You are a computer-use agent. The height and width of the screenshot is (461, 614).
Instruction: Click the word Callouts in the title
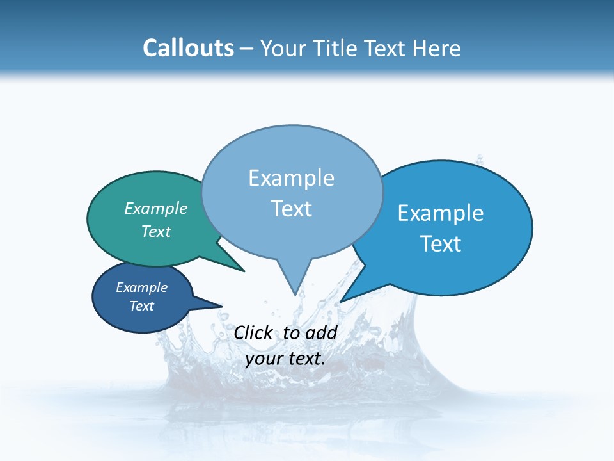click(x=188, y=48)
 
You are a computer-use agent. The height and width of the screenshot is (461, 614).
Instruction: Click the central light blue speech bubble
click(x=292, y=237)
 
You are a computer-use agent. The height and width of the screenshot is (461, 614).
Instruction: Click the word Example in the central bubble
click(x=292, y=178)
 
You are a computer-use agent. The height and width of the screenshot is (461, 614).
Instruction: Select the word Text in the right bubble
click(x=441, y=244)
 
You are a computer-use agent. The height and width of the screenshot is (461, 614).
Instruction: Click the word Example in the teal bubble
click(x=156, y=208)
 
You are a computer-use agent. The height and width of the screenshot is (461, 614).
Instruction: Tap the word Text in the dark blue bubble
click(x=142, y=306)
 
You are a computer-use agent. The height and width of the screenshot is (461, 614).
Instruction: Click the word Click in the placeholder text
click(x=253, y=332)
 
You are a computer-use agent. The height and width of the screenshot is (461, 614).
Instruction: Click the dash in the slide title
click(x=248, y=49)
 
